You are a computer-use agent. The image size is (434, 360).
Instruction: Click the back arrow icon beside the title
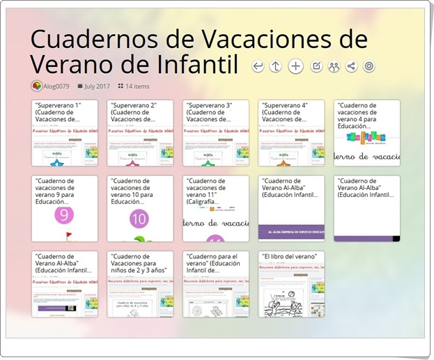[x=258, y=66]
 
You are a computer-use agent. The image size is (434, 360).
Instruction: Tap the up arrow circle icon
[x=276, y=66]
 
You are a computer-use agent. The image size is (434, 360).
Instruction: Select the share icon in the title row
[x=351, y=66]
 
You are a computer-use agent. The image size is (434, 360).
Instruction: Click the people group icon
[x=334, y=66]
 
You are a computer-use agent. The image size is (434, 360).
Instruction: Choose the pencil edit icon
[x=316, y=66]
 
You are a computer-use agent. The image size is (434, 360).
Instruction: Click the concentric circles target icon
[x=369, y=66]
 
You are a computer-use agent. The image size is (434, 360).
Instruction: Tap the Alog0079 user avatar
[x=37, y=86]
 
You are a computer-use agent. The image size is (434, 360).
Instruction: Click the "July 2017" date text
[x=98, y=86]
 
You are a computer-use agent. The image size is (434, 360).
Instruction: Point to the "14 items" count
[x=137, y=86]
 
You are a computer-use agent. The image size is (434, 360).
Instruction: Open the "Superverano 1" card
[x=65, y=133]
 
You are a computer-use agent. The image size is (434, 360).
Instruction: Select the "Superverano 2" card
[x=140, y=133]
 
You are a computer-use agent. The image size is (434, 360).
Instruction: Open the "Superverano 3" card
[x=215, y=133]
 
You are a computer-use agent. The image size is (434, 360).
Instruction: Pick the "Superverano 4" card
[x=290, y=133]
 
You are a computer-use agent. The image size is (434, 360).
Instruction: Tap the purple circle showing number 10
[x=139, y=220]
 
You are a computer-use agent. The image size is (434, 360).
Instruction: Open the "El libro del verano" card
[x=290, y=284]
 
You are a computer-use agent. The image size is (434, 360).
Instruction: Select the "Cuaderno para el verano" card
[x=215, y=284]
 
